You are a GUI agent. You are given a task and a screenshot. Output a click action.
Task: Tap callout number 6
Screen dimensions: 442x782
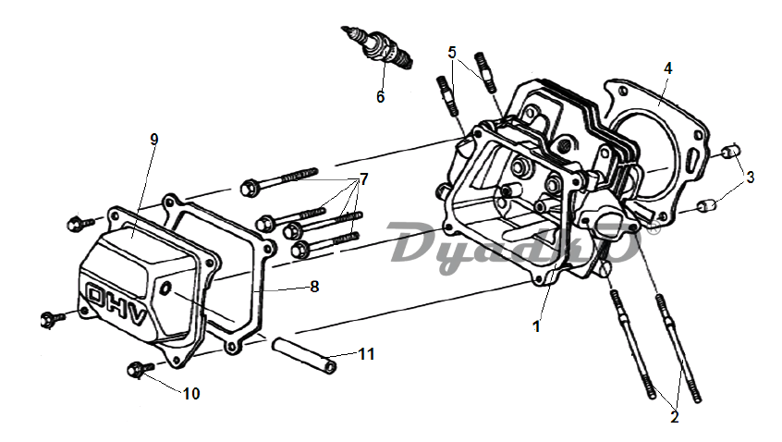(x=380, y=95)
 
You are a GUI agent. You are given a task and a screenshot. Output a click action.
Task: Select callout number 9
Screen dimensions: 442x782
(x=154, y=140)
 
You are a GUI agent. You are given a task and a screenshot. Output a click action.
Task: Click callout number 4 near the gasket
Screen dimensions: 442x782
(x=667, y=68)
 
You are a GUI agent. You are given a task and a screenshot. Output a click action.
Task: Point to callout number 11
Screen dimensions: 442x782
(x=367, y=354)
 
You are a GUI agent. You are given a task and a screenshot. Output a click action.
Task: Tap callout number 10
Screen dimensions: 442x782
(x=190, y=393)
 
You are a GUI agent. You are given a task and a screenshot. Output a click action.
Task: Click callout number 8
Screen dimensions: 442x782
(x=314, y=287)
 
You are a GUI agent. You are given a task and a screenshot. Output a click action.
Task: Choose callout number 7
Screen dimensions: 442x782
(x=363, y=178)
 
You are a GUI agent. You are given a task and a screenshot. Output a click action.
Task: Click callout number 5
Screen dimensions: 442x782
(x=452, y=52)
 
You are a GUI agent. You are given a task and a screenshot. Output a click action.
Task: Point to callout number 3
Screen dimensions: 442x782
(x=751, y=177)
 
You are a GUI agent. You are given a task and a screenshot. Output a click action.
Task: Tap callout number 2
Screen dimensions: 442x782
(x=674, y=417)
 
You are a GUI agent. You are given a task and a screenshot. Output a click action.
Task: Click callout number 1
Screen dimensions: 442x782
(x=536, y=325)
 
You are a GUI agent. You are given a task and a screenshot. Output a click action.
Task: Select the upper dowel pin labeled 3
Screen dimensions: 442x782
(x=729, y=153)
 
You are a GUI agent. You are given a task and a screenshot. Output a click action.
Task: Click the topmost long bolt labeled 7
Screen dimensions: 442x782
(x=277, y=179)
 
